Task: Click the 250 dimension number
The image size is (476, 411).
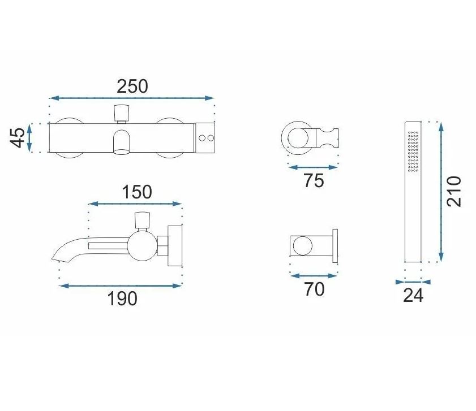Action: click(132, 86)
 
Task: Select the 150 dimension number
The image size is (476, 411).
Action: click(137, 192)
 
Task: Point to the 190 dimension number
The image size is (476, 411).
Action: click(122, 298)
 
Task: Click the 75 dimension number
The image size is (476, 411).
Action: click(314, 181)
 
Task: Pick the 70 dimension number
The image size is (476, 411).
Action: click(314, 289)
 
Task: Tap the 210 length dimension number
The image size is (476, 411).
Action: click(454, 192)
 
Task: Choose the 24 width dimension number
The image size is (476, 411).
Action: click(413, 295)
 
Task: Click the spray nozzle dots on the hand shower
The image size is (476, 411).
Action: click(413, 152)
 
